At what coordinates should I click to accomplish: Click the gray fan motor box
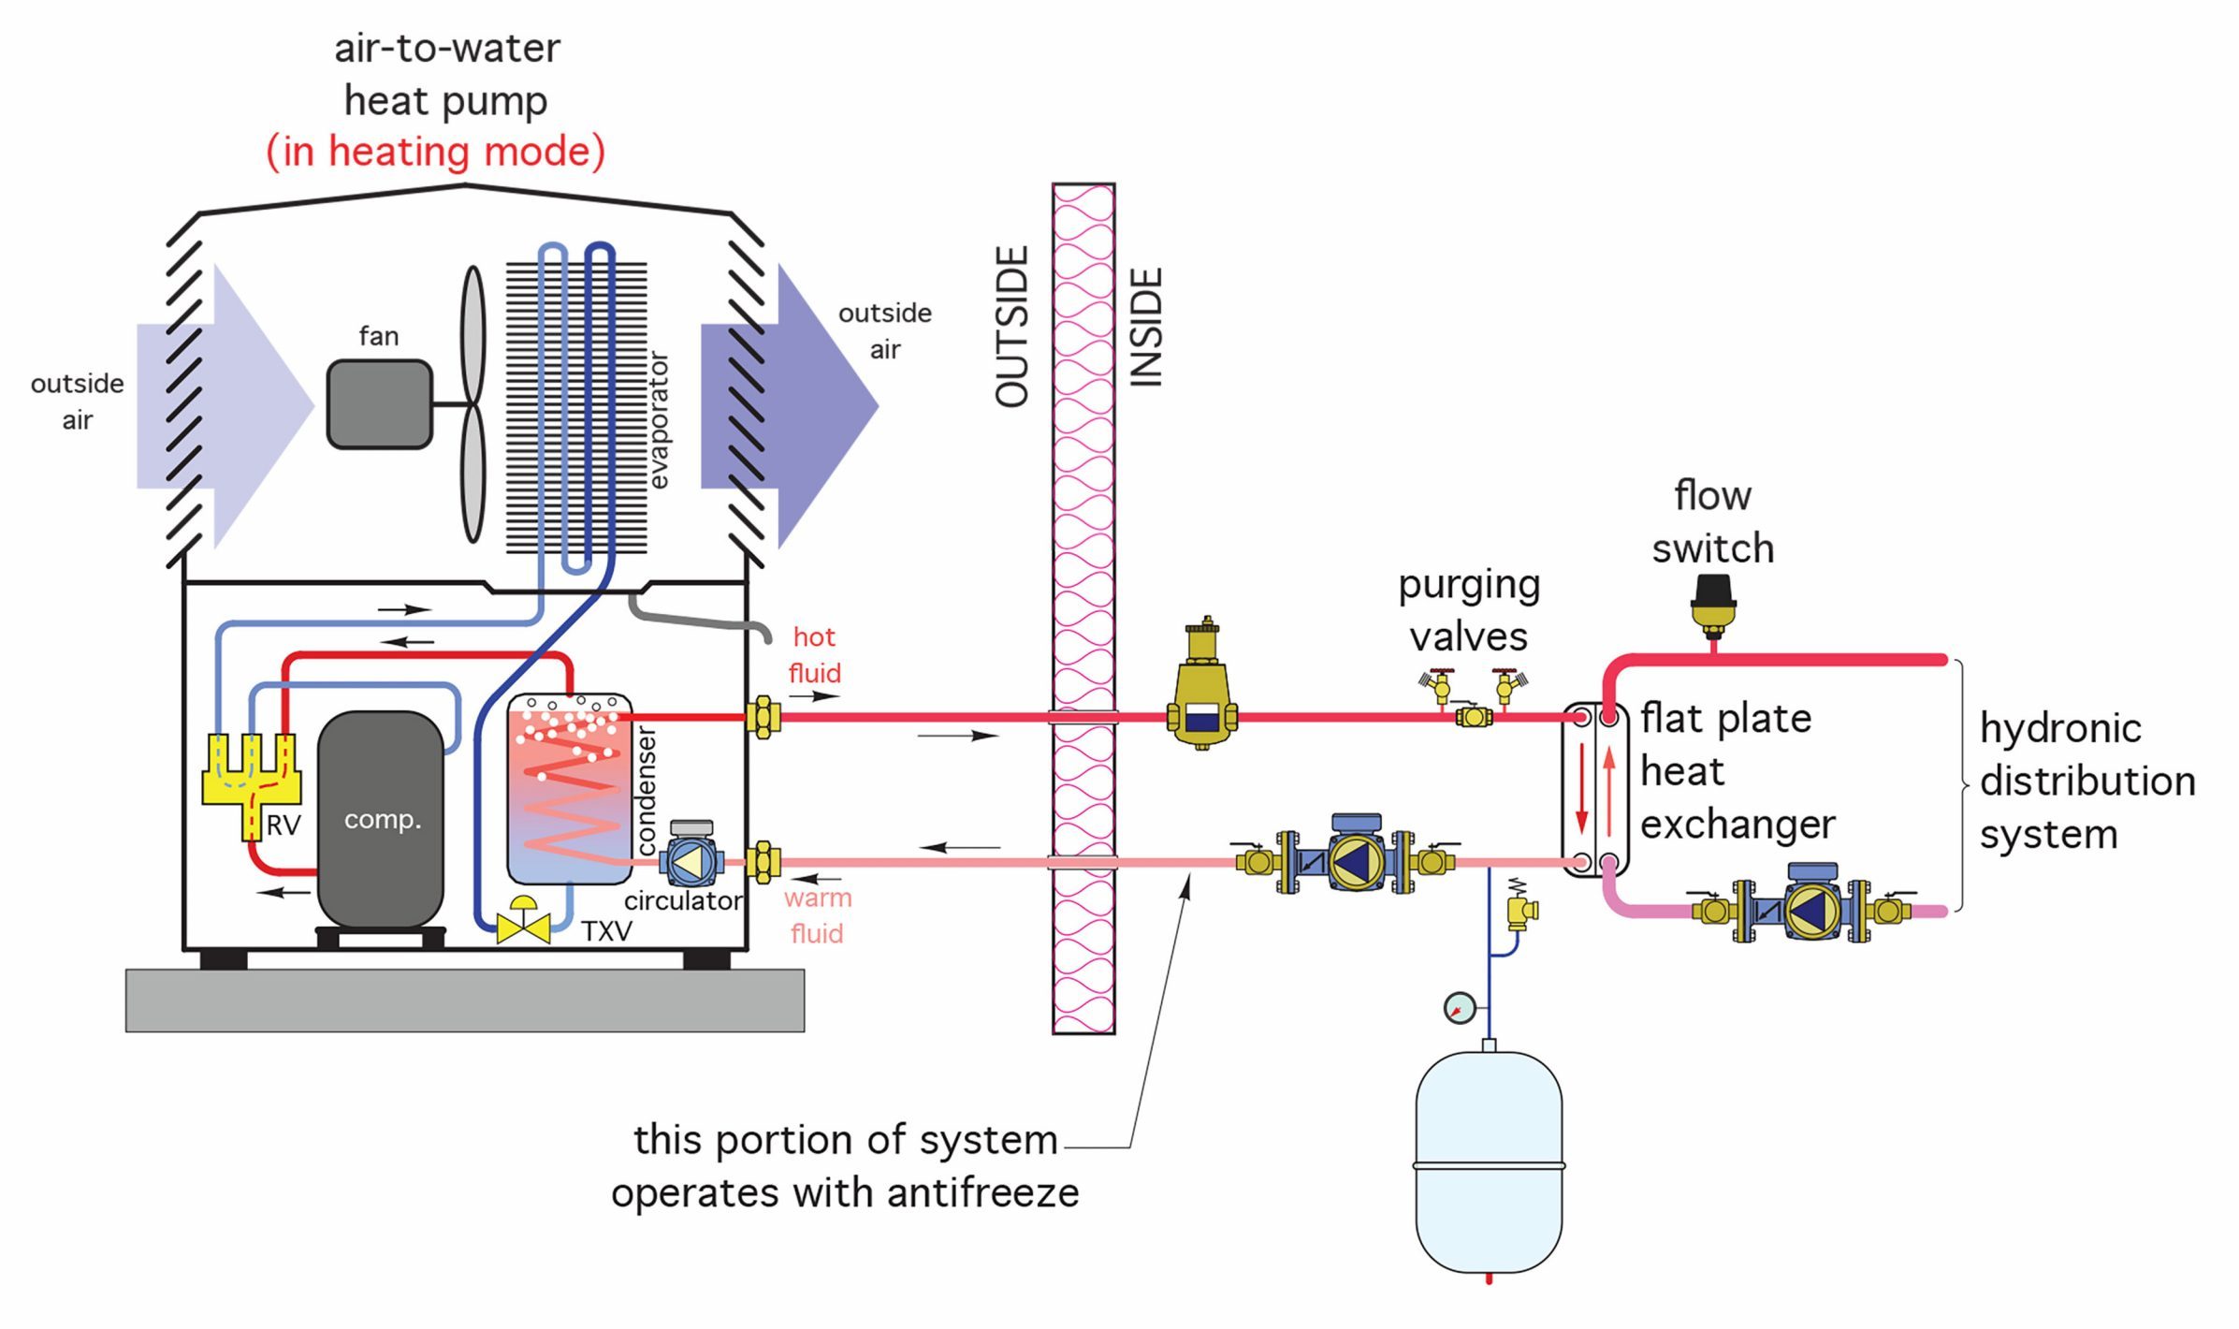(379, 404)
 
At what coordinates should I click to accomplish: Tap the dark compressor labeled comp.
(381, 819)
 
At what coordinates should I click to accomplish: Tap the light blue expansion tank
(1488, 1161)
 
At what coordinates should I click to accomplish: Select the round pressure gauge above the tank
(1459, 1008)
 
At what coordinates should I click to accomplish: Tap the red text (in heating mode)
(436, 152)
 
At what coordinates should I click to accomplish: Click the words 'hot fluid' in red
(814, 655)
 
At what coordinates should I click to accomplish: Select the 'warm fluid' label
(817, 915)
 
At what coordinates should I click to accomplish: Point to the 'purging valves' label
(1469, 610)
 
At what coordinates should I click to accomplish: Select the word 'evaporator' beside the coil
(659, 421)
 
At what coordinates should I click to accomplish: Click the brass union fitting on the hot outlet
(763, 718)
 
